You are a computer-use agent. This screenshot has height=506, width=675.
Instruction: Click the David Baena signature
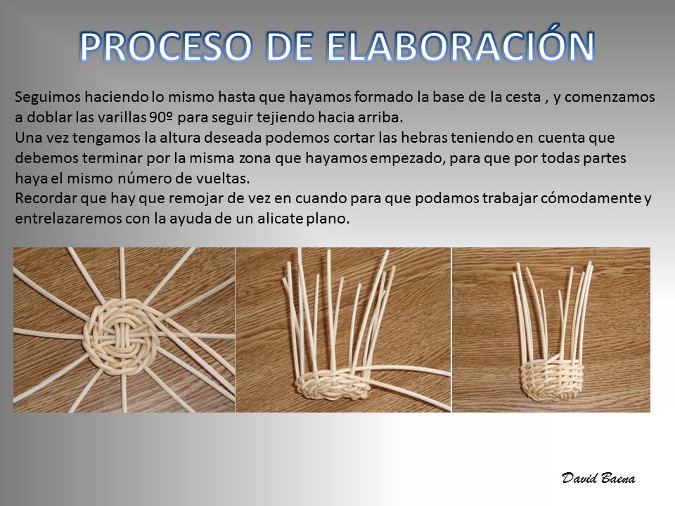(598, 478)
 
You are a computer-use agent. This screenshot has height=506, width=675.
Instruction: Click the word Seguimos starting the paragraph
(48, 98)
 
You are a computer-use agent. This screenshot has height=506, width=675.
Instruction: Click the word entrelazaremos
(68, 219)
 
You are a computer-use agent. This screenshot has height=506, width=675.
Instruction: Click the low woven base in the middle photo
(333, 384)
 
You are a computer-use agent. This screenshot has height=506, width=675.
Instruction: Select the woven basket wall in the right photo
(551, 379)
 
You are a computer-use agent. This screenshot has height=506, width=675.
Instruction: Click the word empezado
(406, 158)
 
